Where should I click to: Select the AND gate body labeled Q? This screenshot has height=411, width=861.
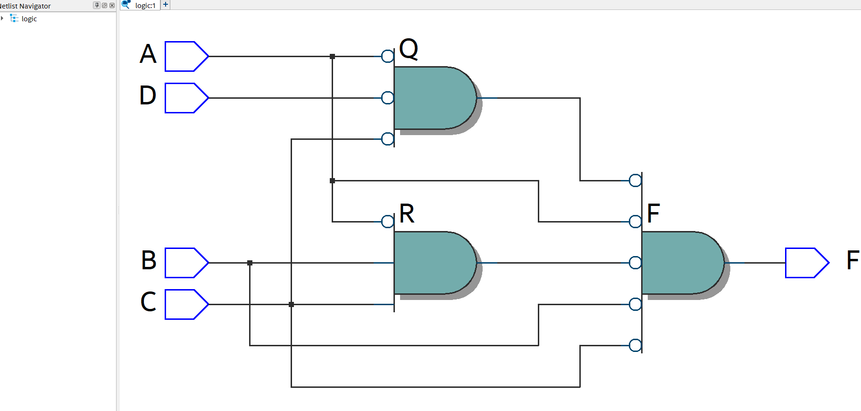432,98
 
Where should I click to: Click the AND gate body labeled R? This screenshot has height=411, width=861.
432,263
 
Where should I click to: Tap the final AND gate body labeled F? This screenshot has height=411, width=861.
679,263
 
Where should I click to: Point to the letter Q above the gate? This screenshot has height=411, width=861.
409,49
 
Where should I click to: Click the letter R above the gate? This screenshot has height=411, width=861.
407,214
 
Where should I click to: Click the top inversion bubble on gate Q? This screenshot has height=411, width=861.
388,56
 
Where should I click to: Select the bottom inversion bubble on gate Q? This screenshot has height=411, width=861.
388,139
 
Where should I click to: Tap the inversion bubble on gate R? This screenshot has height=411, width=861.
388,221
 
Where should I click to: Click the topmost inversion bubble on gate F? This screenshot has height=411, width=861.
635,180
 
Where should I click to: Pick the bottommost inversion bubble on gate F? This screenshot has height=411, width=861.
635,345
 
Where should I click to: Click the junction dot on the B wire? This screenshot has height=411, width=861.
250,263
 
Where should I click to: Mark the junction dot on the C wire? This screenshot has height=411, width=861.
291,304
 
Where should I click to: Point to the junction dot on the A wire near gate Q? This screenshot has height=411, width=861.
332,56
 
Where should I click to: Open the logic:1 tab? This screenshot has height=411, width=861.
145,5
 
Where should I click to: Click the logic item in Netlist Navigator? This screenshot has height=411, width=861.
29,19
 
